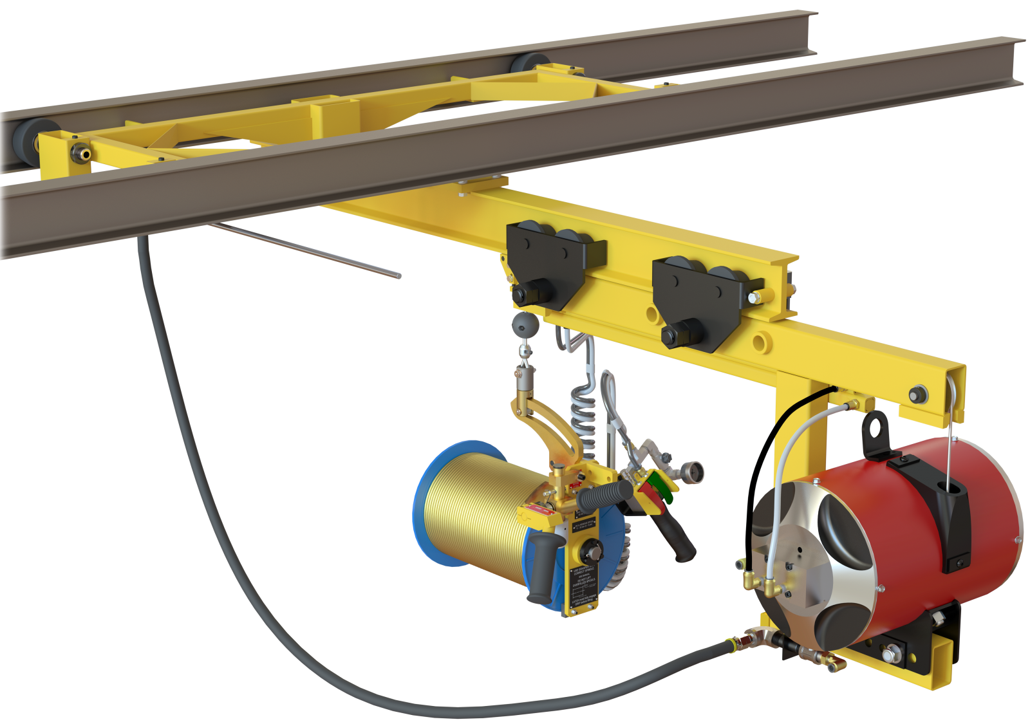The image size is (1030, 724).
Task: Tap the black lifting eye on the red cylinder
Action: [x=876, y=427]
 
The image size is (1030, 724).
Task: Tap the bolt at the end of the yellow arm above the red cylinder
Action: [x=917, y=394]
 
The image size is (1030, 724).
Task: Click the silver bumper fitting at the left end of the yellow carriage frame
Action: [x=80, y=153]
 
